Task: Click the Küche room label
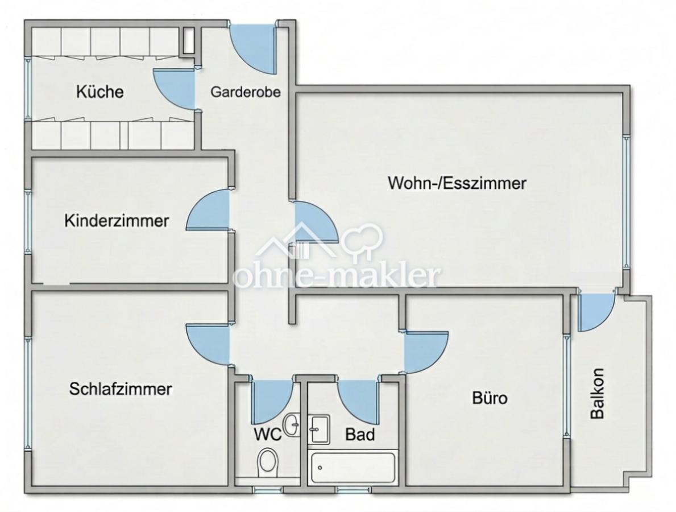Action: point(100,92)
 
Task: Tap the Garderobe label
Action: point(245,92)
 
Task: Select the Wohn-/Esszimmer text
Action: point(457,183)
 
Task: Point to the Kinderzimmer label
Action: point(117,221)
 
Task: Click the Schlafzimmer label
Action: point(121,389)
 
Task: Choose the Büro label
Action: point(490,397)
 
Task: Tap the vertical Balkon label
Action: point(597,393)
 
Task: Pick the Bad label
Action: point(360,435)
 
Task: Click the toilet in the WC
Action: point(268,462)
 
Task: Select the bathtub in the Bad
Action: point(352,467)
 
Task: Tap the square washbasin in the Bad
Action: point(319,429)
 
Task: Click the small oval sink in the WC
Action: point(292,424)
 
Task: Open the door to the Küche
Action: point(174,89)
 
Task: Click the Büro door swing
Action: point(426,352)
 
